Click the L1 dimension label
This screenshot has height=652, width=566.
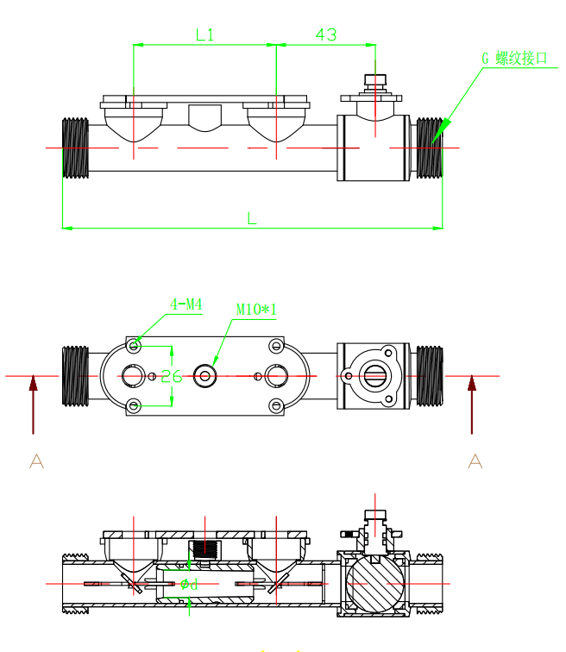(x=204, y=34)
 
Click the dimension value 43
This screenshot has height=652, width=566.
(x=326, y=34)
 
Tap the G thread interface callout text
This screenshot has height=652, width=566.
(x=514, y=59)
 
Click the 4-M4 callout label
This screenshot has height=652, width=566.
(x=186, y=304)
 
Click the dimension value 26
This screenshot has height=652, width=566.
(x=172, y=376)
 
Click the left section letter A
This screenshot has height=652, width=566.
(x=36, y=461)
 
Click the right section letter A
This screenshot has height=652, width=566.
(x=475, y=461)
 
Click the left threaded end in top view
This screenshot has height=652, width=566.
(x=76, y=148)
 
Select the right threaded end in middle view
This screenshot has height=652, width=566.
(x=429, y=375)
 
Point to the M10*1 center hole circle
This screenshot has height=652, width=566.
(x=205, y=375)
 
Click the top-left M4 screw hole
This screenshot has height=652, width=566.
(x=134, y=346)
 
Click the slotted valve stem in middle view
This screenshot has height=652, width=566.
(x=374, y=375)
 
